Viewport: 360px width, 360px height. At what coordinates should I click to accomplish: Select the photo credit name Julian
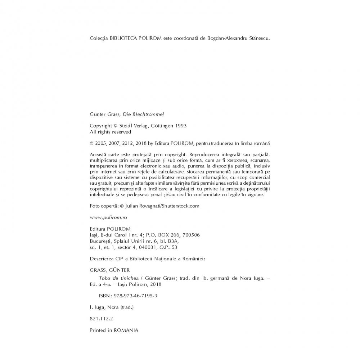pyautogui.click(x=134, y=206)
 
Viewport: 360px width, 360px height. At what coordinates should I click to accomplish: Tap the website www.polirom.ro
pyautogui.click(x=108, y=217)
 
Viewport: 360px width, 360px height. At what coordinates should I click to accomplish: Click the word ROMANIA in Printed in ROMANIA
pyautogui.click(x=126, y=330)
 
